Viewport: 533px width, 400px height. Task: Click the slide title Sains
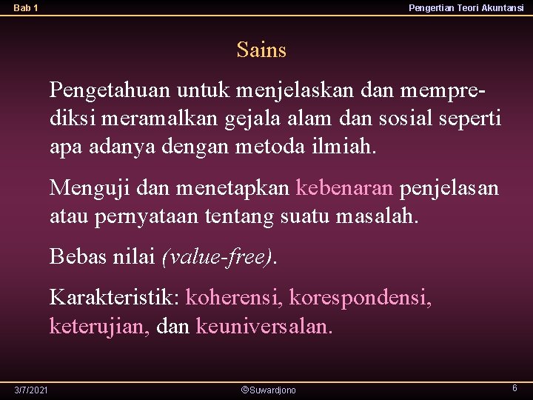point(261,50)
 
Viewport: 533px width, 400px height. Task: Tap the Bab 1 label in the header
point(26,8)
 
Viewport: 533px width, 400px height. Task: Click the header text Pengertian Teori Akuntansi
point(466,7)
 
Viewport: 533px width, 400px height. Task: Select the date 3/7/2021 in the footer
point(30,390)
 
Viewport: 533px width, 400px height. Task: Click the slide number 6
point(514,388)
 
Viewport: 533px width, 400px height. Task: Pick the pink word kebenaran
point(344,188)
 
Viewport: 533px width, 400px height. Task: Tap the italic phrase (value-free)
point(218,257)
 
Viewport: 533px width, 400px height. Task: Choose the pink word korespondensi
point(360,299)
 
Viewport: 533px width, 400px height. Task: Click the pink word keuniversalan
point(264,326)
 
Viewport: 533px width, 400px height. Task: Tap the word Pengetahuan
point(110,90)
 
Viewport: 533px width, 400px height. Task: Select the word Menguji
point(81,188)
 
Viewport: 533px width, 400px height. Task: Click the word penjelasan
point(449,188)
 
